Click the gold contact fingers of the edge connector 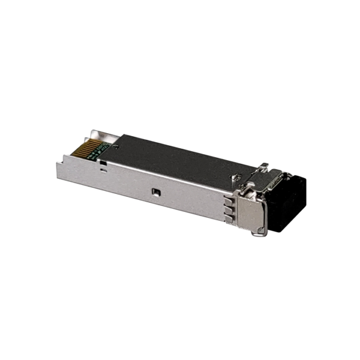point(85,148)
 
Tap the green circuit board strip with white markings point(99,151)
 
